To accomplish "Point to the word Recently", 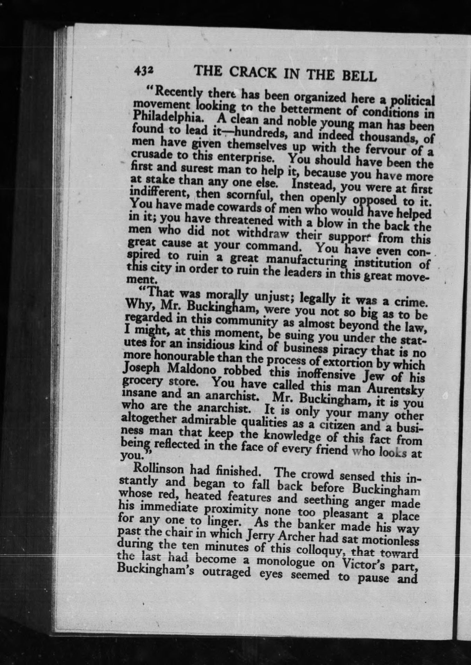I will point(176,91).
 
